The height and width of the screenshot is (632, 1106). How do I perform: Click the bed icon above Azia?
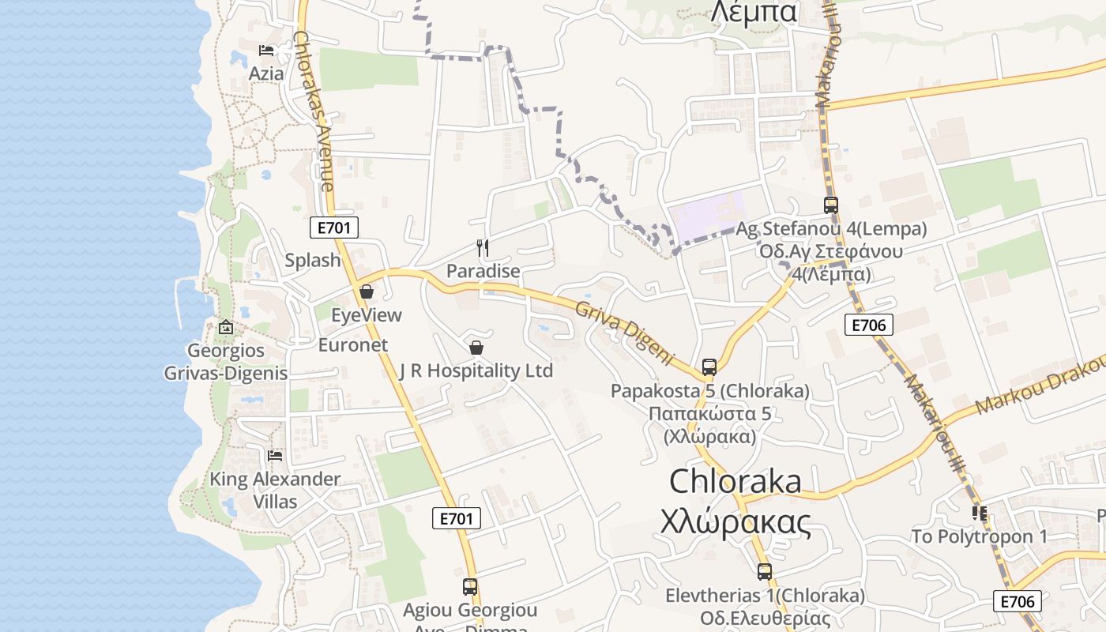266,51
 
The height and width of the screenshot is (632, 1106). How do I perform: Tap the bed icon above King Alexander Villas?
275,456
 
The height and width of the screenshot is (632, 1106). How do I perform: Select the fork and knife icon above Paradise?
483,248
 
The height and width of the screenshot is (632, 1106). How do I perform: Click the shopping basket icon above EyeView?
367,292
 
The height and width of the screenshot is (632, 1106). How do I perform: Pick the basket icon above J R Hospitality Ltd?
476,348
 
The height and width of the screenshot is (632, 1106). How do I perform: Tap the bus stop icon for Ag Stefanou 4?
830,205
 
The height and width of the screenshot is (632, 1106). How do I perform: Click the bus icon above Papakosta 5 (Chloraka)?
709,367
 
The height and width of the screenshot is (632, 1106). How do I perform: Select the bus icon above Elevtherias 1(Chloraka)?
764,572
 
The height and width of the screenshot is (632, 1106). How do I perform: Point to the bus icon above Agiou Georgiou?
470,587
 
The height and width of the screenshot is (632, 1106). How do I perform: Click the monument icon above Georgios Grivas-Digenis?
226,327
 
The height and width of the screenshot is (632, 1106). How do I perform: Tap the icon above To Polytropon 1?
980,513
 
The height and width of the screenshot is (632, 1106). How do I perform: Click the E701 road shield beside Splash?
333,228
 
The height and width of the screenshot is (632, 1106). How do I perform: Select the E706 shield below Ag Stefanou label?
869,324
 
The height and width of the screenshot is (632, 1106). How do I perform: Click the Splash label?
313,260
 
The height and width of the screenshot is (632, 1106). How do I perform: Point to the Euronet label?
353,345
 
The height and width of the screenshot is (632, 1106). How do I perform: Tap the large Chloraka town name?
735,480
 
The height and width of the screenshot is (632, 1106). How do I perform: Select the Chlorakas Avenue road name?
314,111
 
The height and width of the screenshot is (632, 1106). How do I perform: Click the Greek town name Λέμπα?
753,12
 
